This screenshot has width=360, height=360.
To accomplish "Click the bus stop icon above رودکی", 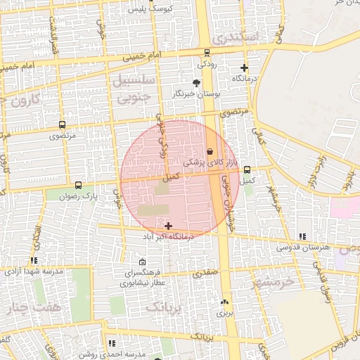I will click(206, 53).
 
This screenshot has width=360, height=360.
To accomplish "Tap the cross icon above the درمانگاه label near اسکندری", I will click(244, 68).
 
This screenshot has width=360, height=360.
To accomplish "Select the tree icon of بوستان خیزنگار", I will click(195, 83).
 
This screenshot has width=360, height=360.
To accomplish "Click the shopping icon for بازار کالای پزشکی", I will click(210, 152).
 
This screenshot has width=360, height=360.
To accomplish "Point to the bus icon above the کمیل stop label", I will click(247, 169).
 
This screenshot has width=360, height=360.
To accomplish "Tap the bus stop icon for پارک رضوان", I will click(77, 186).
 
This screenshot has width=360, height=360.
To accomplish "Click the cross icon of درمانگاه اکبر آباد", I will click(168, 226).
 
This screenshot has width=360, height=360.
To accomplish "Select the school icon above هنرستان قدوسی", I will click(302, 237).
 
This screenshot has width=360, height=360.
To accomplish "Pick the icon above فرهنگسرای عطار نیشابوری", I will click(143, 262).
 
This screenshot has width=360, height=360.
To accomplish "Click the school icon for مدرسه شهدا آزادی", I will click(34, 261).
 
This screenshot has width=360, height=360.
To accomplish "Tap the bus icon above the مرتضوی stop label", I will click(63, 124).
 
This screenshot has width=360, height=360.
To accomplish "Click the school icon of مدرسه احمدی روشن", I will click(112, 344).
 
